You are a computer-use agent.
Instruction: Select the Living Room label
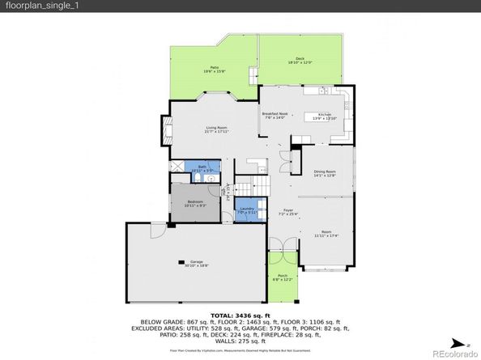pyautogui.click(x=216, y=129)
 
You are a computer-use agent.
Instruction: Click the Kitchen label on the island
pyautogui.click(x=325, y=116)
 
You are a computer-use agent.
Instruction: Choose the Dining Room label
pyautogui.click(x=325, y=174)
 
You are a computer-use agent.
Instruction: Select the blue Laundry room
pyautogui.click(x=248, y=211)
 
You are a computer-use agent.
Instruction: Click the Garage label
pyautogui.click(x=197, y=264)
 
